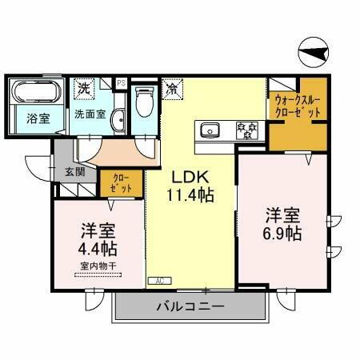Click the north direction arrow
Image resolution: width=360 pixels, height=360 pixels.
pos(314,54)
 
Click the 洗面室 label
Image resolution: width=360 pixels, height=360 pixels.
pos(90,114)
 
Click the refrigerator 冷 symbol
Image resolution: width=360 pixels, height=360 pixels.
pos(172,89)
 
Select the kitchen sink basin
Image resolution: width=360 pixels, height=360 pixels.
pos(210,129)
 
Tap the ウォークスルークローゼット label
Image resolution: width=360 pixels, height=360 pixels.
pos(297,106)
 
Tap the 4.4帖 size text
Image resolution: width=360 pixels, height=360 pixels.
pos(98,250)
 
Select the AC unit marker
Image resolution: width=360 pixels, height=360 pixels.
pos(158,281)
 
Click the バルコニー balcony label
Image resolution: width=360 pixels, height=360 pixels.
pos(190,306)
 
